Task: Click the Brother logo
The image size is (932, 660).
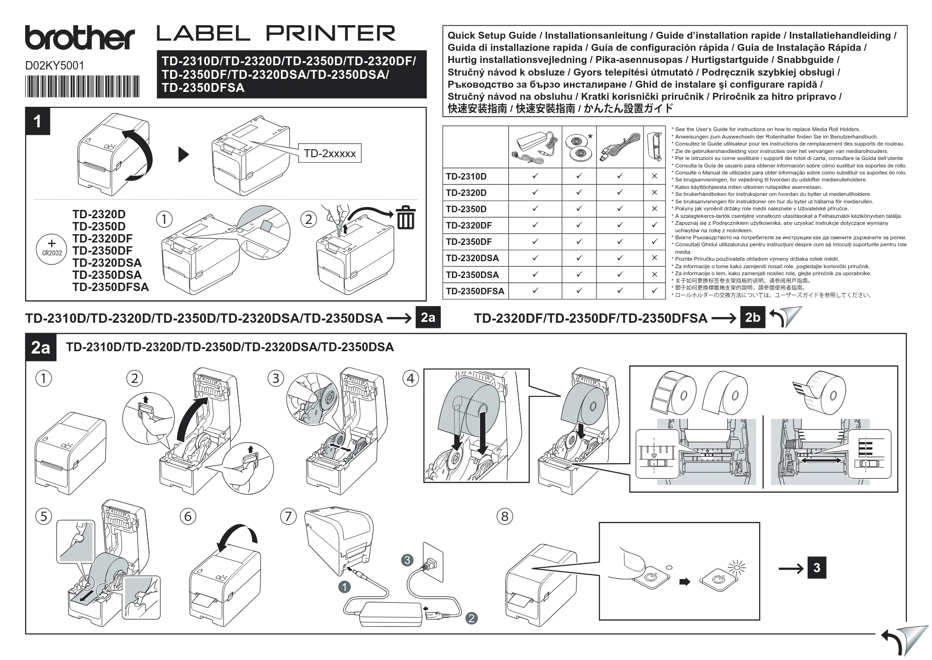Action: coord(80,38)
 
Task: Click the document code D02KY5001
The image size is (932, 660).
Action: coord(55,66)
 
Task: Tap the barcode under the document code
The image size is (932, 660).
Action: coord(82,86)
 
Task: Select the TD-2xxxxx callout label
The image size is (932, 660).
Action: coord(329,153)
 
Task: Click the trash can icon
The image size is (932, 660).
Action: coord(406,217)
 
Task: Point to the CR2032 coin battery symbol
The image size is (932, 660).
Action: coord(51,248)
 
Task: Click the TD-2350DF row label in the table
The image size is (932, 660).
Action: coord(469,242)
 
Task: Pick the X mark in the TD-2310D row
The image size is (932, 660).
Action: coord(654,176)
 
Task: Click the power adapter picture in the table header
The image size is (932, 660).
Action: coord(535,146)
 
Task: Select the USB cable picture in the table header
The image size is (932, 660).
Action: coord(619,147)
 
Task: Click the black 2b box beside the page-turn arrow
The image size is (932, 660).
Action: coord(753,318)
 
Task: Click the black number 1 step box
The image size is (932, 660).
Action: coord(38,122)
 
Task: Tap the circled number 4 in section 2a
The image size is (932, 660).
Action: coord(410,378)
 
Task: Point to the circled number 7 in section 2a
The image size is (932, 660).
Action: coord(288,516)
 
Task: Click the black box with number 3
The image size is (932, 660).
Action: coord(817,568)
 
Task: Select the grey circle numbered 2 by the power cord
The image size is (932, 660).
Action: coord(472,618)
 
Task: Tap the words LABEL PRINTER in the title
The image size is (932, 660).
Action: coord(276,34)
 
